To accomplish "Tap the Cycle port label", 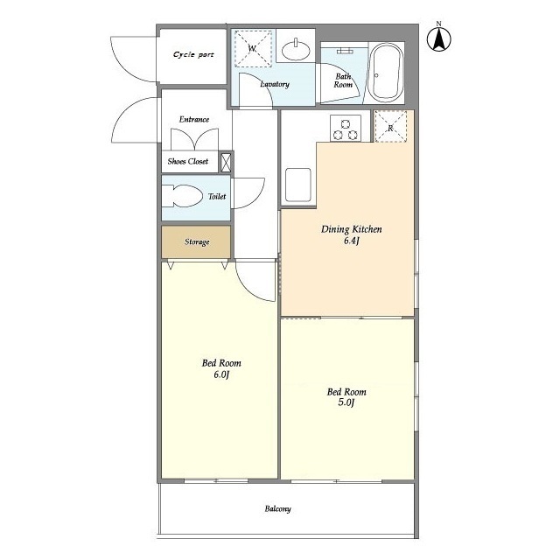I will tap(192, 54).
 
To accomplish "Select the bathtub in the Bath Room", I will tap(384, 73).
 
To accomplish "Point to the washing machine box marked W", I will tap(252, 49).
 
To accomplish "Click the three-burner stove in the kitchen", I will tap(345, 129).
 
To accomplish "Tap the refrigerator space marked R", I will tap(390, 128).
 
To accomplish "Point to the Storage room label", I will tap(196, 241).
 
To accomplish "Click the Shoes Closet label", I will tap(188, 162).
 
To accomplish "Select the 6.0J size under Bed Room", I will tap(220, 375).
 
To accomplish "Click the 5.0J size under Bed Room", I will tap(346, 404).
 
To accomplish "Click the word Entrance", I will tap(193, 119).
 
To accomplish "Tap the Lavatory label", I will tap(275, 84).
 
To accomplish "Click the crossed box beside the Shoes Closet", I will tap(226, 162).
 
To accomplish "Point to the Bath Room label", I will tap(344, 80).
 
